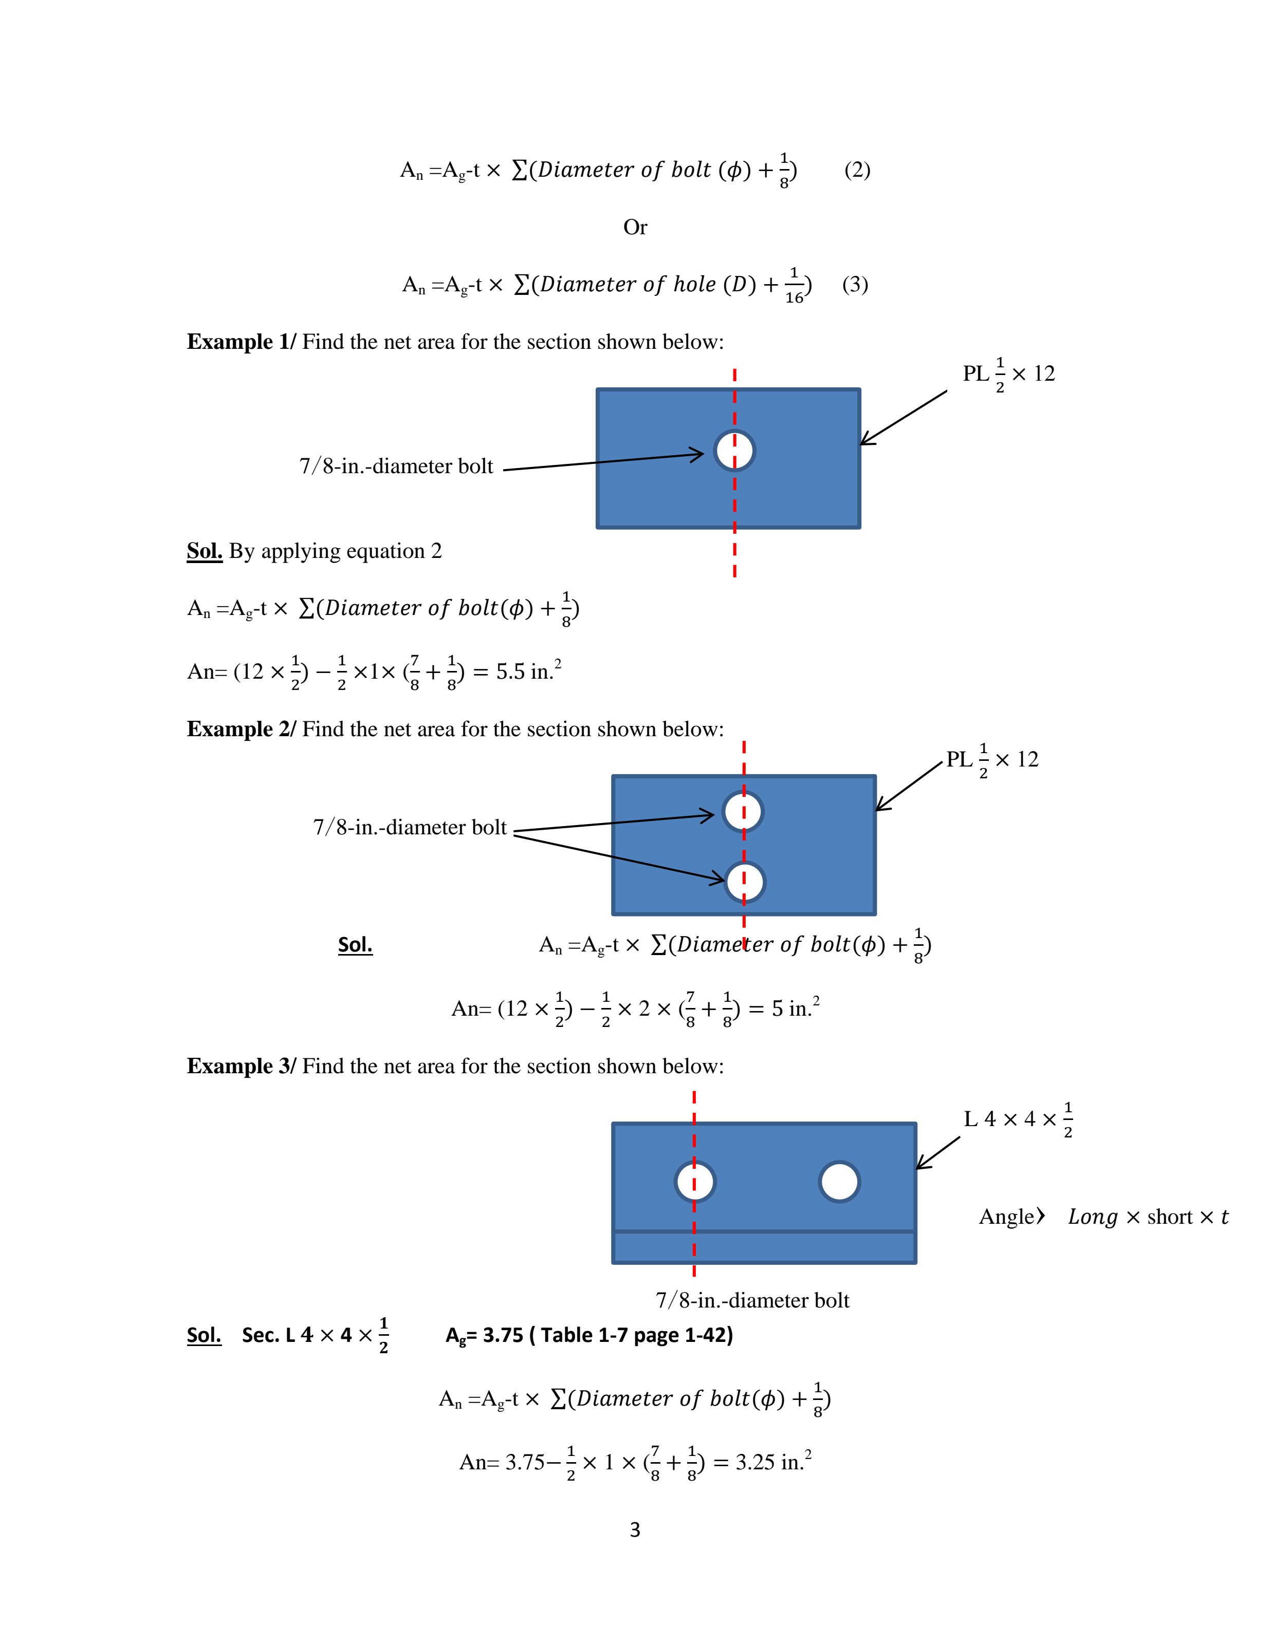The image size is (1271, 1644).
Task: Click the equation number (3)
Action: [855, 285]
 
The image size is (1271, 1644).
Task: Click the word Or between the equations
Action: [635, 227]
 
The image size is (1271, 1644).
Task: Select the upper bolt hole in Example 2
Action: [743, 811]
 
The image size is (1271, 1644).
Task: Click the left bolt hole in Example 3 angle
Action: [695, 1182]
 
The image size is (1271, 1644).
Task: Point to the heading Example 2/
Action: [241, 730]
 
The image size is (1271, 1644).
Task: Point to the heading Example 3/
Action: [241, 1067]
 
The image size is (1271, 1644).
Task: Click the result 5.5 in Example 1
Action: [510, 671]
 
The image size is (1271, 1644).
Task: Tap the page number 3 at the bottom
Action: [635, 1529]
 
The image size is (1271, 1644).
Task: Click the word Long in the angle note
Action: [1093, 1217]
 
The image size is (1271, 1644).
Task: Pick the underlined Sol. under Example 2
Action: [356, 945]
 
